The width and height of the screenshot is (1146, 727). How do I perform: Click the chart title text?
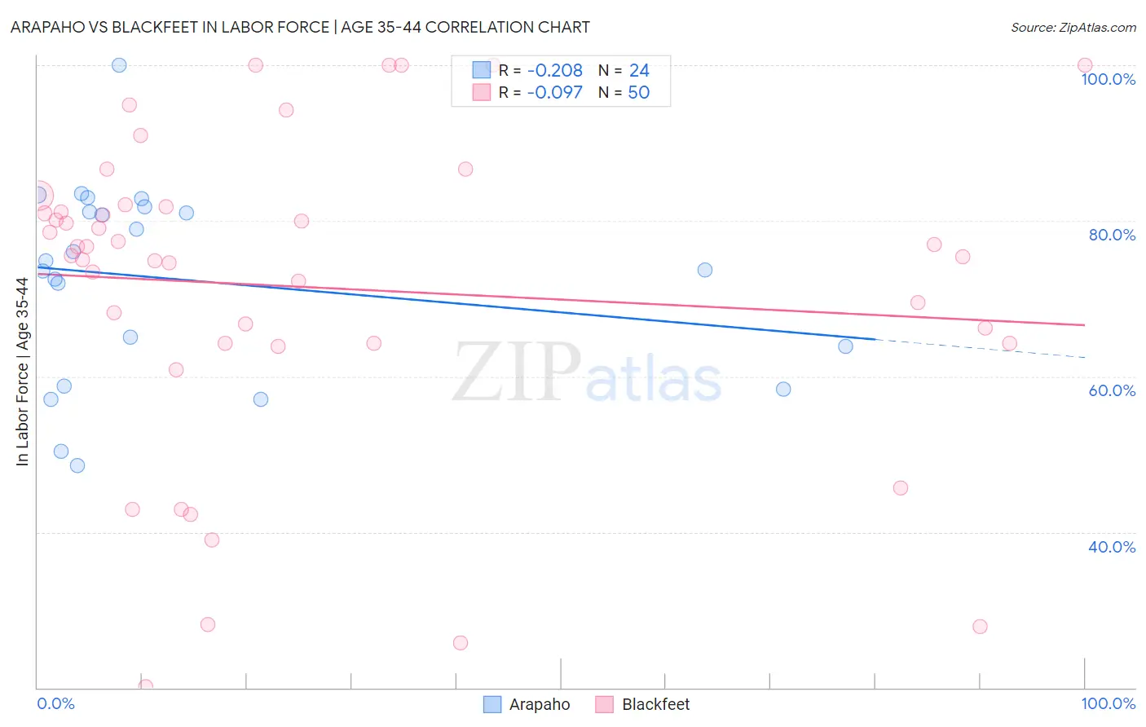click(x=300, y=27)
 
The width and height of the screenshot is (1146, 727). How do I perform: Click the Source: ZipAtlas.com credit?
click(x=1073, y=27)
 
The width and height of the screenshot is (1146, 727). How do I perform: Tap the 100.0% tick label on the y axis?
click(x=1108, y=79)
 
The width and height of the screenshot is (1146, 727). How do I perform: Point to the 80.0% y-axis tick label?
click(x=1112, y=235)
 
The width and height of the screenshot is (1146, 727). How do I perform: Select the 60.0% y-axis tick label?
click(x=1112, y=390)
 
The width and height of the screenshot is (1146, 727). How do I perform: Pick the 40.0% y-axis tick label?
click(x=1112, y=547)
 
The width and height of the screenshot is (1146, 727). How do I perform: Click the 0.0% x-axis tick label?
click(x=55, y=703)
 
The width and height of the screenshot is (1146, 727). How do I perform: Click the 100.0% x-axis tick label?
click(x=1108, y=703)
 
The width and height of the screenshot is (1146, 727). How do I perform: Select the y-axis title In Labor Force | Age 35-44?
click(x=22, y=372)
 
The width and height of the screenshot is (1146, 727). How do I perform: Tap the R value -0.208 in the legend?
click(x=554, y=71)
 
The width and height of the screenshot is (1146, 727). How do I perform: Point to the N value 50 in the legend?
click(x=638, y=93)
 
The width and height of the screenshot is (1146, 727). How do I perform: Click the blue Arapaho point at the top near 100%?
click(x=119, y=65)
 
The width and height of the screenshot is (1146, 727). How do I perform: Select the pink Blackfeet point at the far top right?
click(x=1084, y=65)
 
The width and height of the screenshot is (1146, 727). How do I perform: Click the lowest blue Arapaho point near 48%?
click(x=77, y=465)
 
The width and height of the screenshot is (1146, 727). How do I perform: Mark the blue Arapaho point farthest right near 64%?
click(x=845, y=346)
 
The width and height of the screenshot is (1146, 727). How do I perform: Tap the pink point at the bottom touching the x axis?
click(x=146, y=686)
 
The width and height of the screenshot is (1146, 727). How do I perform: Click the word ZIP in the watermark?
click(x=517, y=372)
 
